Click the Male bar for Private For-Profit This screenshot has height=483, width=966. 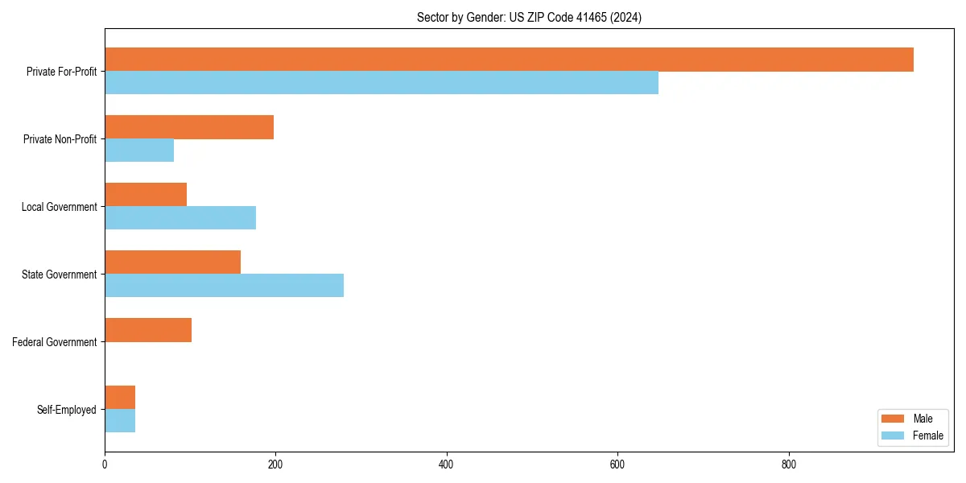pyautogui.click(x=509, y=60)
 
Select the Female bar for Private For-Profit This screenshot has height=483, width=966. pyautogui.click(x=382, y=83)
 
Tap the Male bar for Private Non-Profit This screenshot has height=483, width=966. pyautogui.click(x=189, y=127)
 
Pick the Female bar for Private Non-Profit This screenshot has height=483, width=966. pyautogui.click(x=139, y=151)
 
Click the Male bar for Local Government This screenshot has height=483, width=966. pyautogui.click(x=146, y=195)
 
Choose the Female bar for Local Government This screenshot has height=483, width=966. pyautogui.click(x=180, y=218)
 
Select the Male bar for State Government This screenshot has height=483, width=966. pyautogui.click(x=172, y=262)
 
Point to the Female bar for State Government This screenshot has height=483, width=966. pyautogui.click(x=224, y=286)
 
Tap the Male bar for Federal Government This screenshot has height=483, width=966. pyautogui.click(x=148, y=330)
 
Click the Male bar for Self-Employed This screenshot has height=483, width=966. pyautogui.click(x=120, y=398)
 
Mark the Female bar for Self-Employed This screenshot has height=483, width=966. pyautogui.click(x=120, y=421)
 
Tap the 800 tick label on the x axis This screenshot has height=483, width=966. pyautogui.click(x=789, y=464)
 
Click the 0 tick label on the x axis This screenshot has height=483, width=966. pyautogui.click(x=105, y=464)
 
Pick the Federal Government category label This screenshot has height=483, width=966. pyautogui.click(x=55, y=342)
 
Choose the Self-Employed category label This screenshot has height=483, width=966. pyautogui.click(x=67, y=410)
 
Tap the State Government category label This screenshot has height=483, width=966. pyautogui.click(x=59, y=275)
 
